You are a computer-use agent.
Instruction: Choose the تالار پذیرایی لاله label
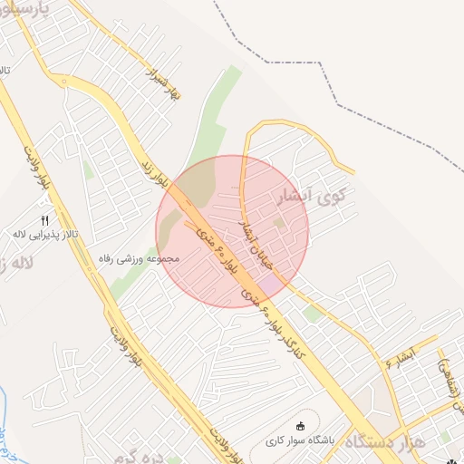pyautogui.click(x=45, y=235)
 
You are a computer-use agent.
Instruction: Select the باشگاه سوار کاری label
pyautogui.click(x=302, y=441)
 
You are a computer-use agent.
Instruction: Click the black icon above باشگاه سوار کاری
pyautogui.click(x=302, y=427)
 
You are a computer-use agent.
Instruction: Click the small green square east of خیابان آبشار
pyautogui.click(x=280, y=221)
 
